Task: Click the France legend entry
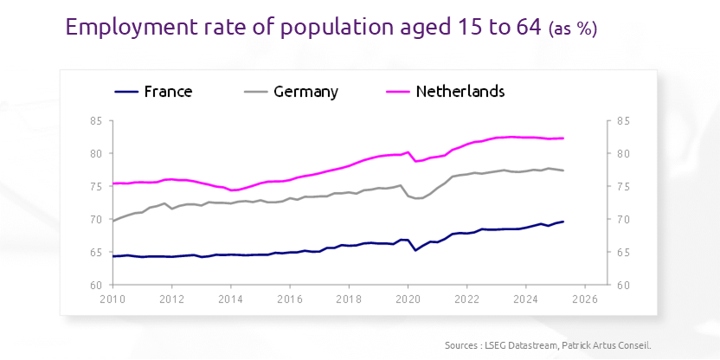pos(168,92)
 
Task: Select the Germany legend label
pos(305,92)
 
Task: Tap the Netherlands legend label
pos(460,92)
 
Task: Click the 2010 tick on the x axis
pos(112,299)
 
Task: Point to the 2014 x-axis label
pos(230,299)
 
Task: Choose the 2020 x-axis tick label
pos(408,299)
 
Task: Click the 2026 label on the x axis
pos(584,299)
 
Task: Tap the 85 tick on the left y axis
pos(96,121)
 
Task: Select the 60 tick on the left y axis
pos(96,285)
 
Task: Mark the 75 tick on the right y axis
pos(623,187)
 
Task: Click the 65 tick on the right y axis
pos(623,253)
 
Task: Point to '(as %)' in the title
pos(573,29)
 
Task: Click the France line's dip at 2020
pos(416,250)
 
